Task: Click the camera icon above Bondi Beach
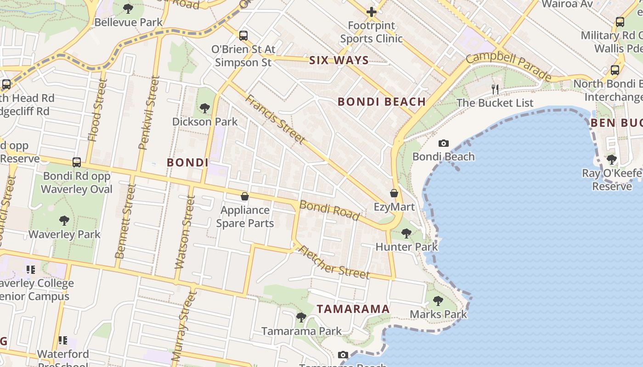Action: [443, 143]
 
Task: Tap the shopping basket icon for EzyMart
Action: [394, 193]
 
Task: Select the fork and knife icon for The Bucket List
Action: [495, 89]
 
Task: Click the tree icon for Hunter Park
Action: [406, 234]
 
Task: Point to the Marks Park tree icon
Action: [438, 301]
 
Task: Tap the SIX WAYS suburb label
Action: [339, 60]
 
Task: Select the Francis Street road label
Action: [275, 119]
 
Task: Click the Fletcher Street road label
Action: [334, 262]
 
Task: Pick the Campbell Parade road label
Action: [508, 66]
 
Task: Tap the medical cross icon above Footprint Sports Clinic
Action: [372, 12]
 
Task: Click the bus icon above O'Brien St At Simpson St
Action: [243, 35]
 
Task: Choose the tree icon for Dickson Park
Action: [204, 108]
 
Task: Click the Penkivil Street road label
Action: [149, 113]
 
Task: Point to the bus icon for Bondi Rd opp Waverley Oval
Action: [77, 162]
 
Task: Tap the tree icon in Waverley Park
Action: [64, 221]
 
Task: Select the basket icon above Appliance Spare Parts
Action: [245, 196]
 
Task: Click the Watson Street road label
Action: [183, 232]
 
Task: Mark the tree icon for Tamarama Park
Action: [301, 317]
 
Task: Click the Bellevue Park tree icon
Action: [128, 9]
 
